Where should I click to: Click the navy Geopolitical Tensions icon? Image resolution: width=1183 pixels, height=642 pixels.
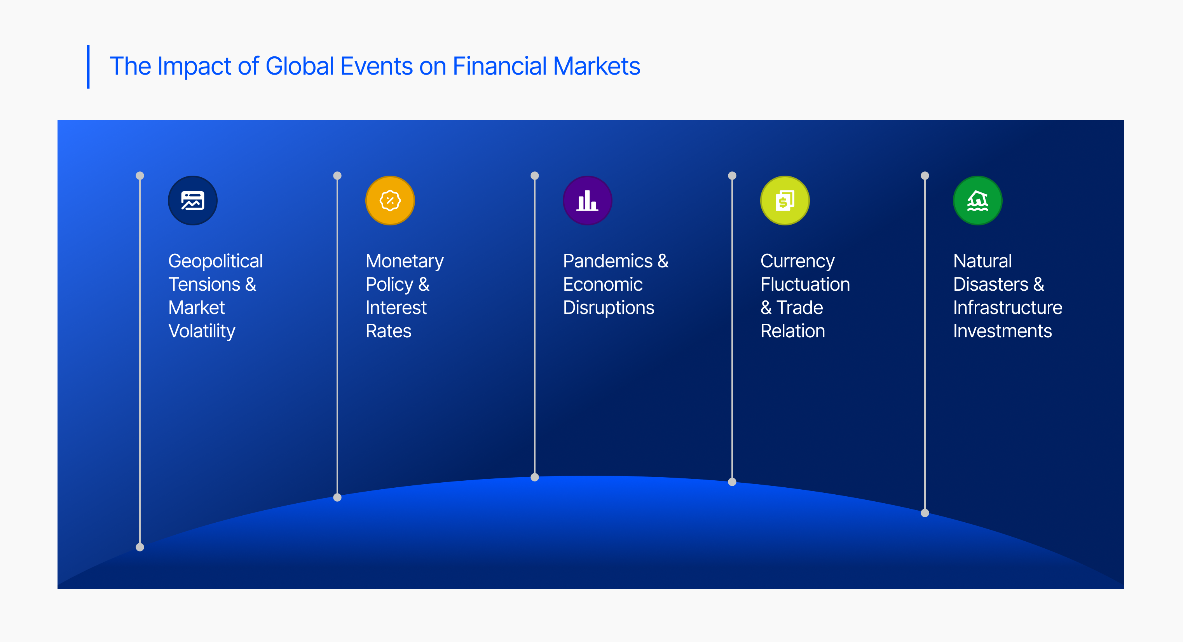pos(192,201)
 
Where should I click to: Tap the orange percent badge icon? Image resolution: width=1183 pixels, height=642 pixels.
pos(390,201)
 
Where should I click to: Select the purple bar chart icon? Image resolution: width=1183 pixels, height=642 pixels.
pos(587,201)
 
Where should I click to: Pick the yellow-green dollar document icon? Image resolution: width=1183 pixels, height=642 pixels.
pos(785,201)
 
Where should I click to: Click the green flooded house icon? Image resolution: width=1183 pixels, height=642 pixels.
pos(978,201)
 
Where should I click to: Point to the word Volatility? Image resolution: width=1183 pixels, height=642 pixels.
pos(202,331)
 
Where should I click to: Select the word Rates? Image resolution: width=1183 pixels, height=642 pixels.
pos(389,331)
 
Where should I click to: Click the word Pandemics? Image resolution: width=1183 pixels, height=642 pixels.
pos(607,261)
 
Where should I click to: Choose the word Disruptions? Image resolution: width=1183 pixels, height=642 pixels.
pos(609,308)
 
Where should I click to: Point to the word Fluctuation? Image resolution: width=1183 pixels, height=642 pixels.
pos(805,284)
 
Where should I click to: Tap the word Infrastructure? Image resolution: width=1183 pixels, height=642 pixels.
pos(1008,308)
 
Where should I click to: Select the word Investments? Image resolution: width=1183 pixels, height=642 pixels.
pos(1003,331)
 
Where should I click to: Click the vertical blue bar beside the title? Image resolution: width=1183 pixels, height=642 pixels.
pos(88,66)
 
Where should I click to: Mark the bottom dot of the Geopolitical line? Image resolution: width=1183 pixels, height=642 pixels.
pos(140,547)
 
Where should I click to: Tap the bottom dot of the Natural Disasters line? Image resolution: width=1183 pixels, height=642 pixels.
pos(925,513)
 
